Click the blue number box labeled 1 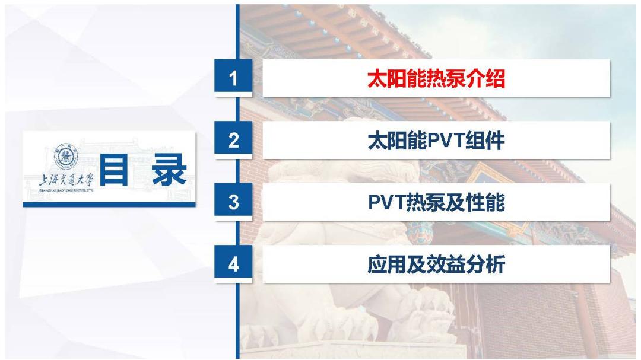[x=234, y=78]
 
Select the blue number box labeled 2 [x=234, y=141]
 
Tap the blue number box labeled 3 [x=234, y=202]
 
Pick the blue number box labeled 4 [x=234, y=265]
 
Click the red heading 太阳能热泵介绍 [x=436, y=78]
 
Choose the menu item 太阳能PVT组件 [x=436, y=141]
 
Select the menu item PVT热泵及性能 [x=436, y=202]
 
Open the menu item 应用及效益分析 [x=436, y=265]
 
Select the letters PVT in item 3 [x=386, y=202]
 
